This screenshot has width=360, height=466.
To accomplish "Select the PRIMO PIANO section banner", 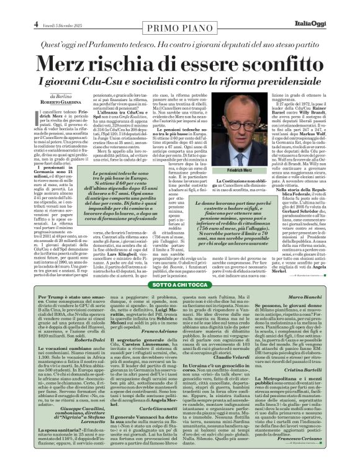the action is pyautogui.click(x=179, y=12).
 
